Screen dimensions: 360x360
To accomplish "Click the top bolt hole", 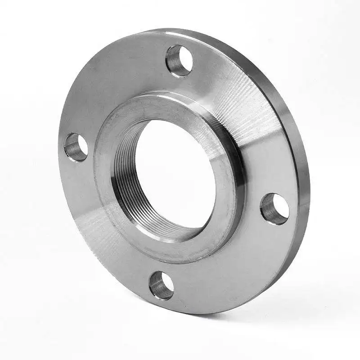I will (x=179, y=61).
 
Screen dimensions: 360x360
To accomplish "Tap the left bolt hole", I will (x=76, y=147).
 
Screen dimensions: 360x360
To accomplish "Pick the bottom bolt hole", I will (x=161, y=286).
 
